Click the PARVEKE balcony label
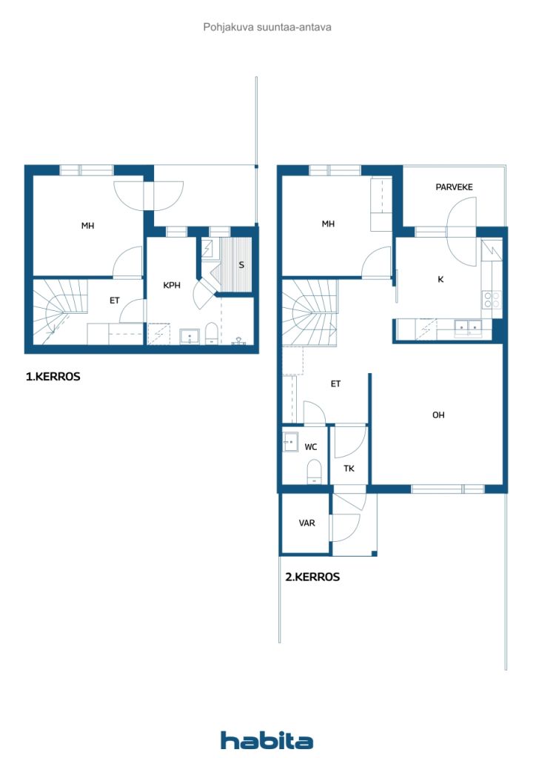click(x=454, y=187)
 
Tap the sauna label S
click(x=241, y=265)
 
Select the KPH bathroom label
click(x=172, y=285)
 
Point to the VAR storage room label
click(x=307, y=523)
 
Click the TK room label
click(x=349, y=468)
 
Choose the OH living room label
click(x=438, y=415)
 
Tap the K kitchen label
click(x=440, y=279)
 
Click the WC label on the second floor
click(x=311, y=446)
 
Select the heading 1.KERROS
click(x=53, y=377)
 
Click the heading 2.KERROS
click(x=312, y=577)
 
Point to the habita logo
click(x=267, y=740)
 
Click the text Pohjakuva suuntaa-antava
click(x=267, y=27)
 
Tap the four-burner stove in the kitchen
click(x=492, y=300)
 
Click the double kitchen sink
click(x=468, y=328)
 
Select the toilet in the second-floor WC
click(x=315, y=472)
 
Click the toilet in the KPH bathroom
click(x=212, y=334)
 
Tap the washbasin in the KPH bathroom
click(x=190, y=336)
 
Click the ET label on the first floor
click(x=115, y=301)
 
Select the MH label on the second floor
click(x=328, y=224)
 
